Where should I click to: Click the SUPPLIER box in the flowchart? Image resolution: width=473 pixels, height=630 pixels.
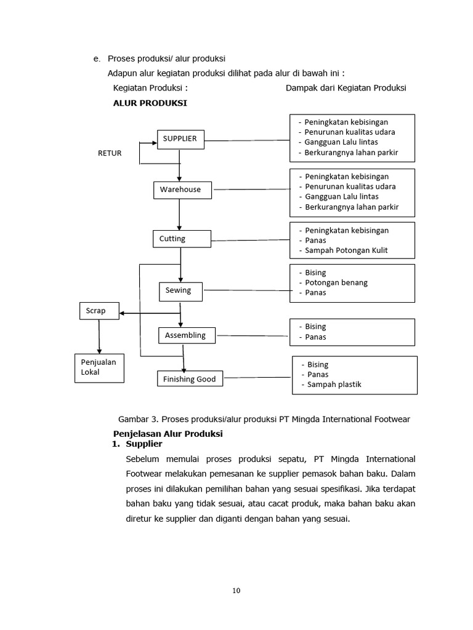click(180, 139)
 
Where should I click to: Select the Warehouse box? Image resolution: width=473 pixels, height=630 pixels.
click(182, 190)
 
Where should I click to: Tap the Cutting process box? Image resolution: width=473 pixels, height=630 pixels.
click(181, 239)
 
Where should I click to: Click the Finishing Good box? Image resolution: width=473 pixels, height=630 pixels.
click(190, 379)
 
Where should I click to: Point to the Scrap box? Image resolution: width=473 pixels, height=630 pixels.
click(99, 311)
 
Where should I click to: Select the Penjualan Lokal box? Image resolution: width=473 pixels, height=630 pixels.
click(99, 367)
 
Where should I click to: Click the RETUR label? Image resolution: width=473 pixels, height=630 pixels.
click(110, 153)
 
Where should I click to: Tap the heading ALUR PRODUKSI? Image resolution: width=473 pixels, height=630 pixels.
click(150, 103)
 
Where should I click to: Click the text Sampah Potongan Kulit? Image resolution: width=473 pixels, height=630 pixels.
click(346, 250)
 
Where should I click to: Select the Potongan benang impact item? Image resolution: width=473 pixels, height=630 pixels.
click(336, 282)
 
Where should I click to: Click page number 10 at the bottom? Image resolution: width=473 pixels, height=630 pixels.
click(236, 591)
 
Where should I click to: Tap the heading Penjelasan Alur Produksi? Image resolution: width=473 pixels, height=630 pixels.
click(168, 433)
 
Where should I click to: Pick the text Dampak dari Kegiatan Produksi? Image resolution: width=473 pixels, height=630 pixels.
click(346, 88)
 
